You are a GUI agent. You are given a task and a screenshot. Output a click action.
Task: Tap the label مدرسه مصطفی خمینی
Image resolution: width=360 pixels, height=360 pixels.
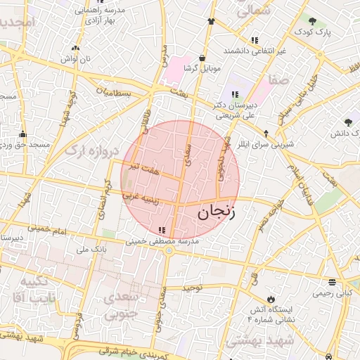pos(163,241)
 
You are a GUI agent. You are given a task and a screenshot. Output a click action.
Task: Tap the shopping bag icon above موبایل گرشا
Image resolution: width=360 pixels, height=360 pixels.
pos(202,58)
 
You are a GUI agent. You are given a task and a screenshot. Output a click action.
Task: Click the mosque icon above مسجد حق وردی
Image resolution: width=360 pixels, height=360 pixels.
pos(22,134)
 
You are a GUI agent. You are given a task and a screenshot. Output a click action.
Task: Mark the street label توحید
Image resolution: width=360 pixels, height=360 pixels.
pos(192,288)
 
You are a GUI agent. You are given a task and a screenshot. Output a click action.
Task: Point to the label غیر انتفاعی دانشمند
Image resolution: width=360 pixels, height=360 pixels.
pos(254,51)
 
